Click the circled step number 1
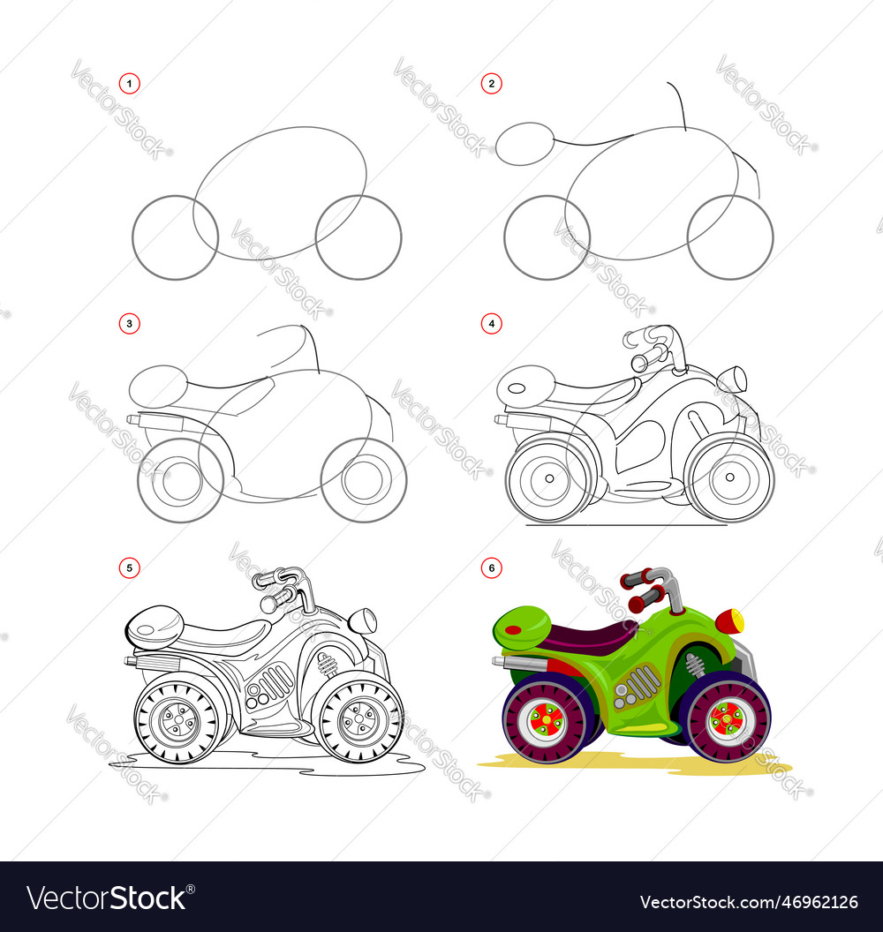coord(129,83)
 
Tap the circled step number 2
coord(491,83)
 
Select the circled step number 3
coord(129,324)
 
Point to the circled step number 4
coord(491,324)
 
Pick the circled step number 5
coord(129,567)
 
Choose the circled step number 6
coord(491,567)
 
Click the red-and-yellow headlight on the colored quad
coord(729,621)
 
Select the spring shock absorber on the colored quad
coord(695,665)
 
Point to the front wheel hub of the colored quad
coord(726,719)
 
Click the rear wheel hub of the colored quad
coord(544,721)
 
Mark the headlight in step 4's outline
coord(733,380)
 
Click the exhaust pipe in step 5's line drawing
coord(154,661)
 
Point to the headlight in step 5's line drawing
coord(362,620)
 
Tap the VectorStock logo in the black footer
coord(110,898)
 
